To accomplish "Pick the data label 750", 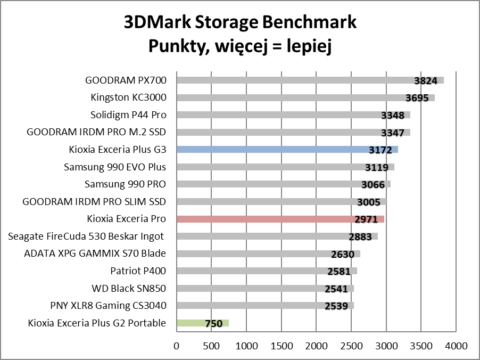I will click(213, 323).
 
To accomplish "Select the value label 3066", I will click(373, 185).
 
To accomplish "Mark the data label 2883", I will click(360, 236).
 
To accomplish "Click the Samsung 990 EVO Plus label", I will click(115, 167).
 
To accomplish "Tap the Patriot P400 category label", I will click(138, 271).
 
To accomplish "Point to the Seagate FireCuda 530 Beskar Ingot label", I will click(86, 236).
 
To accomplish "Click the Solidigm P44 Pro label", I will click(128, 114).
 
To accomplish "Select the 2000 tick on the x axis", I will click(316, 346).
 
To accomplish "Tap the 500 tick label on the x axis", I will click(211, 346).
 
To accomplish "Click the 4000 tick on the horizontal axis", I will click(456, 346).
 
